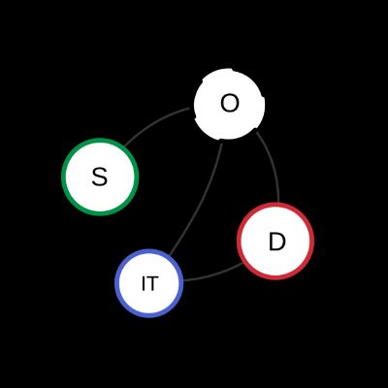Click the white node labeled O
coord(230,104)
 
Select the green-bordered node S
coord(100,177)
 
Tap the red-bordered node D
coord(275,241)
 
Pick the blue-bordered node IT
coord(149,283)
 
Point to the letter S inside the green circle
coord(99,178)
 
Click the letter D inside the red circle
coord(277,242)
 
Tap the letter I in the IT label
coord(144,283)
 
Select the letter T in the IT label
coord(152,283)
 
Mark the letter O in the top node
coord(230,104)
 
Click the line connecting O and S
coord(154,123)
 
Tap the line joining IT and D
coord(214,275)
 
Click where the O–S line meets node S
coord(125,146)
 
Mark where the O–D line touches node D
coord(278,203)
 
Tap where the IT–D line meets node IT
coord(183,280)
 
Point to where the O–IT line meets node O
coord(222,141)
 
